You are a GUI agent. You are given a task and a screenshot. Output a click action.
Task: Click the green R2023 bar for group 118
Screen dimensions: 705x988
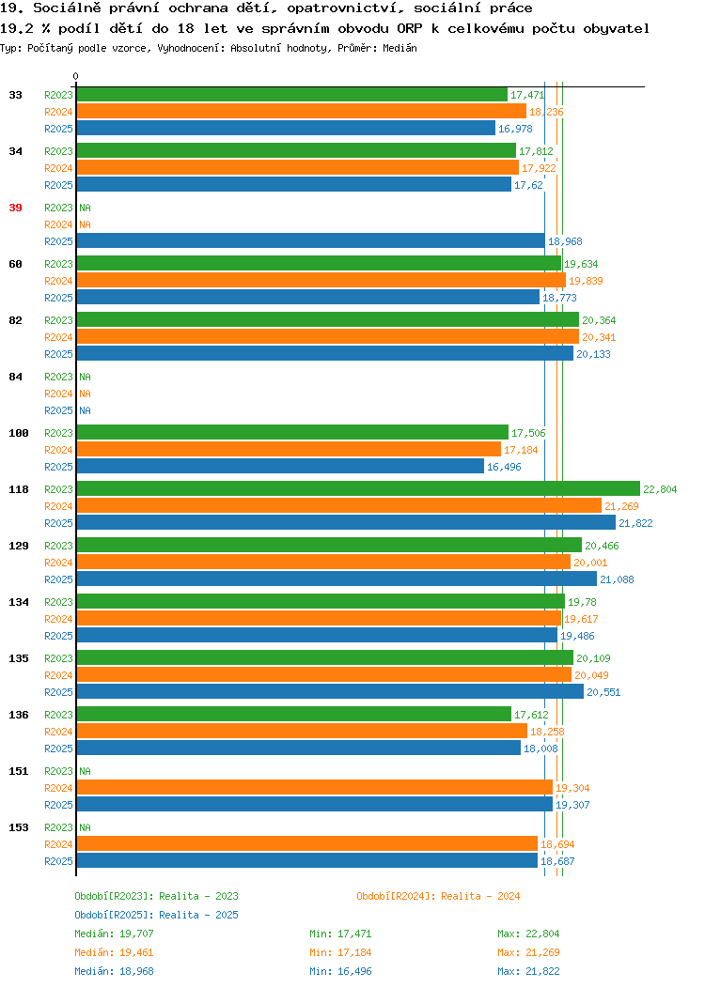(358, 489)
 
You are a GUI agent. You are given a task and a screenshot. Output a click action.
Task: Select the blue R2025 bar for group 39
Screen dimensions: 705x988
(311, 240)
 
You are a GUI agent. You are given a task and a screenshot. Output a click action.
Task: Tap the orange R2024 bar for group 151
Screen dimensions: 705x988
(315, 788)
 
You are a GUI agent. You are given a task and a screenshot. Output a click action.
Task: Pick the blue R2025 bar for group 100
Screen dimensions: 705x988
(281, 466)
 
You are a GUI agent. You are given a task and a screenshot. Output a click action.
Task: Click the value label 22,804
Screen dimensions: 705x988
(660, 489)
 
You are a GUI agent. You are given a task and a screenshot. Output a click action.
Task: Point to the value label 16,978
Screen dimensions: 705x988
(515, 130)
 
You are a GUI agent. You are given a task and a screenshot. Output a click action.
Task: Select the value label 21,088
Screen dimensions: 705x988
(617, 579)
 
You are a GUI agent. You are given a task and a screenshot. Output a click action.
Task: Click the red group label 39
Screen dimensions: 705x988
(15, 208)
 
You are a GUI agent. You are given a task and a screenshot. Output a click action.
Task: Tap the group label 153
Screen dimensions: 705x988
(18, 827)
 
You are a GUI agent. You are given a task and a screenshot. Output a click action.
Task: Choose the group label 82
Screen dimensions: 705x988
(15, 320)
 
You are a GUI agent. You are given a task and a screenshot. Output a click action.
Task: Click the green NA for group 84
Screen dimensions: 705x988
(86, 377)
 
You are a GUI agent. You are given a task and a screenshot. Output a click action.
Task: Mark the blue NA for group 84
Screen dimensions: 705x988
(86, 410)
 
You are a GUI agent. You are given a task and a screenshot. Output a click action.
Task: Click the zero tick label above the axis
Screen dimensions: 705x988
(76, 76)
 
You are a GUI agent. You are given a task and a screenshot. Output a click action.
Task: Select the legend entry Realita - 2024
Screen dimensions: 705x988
(480, 896)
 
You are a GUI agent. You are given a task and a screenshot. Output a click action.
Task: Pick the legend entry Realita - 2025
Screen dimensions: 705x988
(198, 915)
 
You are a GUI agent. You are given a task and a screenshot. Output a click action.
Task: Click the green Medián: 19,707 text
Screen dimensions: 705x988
(114, 934)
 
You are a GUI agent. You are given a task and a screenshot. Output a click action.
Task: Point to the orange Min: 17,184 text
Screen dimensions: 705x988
(340, 952)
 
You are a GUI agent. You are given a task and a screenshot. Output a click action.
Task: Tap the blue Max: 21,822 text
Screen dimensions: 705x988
(528, 972)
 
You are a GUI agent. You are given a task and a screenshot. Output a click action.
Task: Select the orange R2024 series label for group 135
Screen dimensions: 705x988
(58, 675)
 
